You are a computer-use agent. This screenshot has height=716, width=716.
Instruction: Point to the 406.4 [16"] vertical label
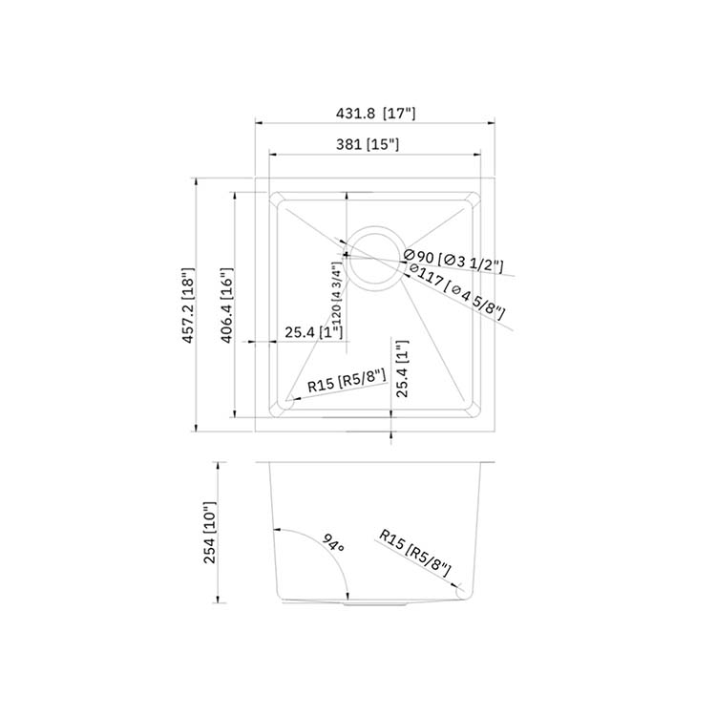click(x=226, y=305)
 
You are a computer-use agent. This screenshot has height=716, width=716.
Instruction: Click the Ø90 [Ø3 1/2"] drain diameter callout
click(x=454, y=259)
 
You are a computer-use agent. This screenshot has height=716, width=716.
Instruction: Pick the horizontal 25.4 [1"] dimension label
click(x=314, y=332)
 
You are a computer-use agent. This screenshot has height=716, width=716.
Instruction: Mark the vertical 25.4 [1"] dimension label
click(x=402, y=369)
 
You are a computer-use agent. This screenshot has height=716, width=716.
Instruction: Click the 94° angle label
click(x=332, y=546)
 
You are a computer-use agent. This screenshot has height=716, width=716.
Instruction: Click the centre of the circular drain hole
click(x=374, y=257)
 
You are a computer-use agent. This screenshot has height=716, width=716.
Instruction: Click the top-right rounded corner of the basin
click(x=470, y=200)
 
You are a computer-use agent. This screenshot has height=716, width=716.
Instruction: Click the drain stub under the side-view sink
click(x=375, y=604)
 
